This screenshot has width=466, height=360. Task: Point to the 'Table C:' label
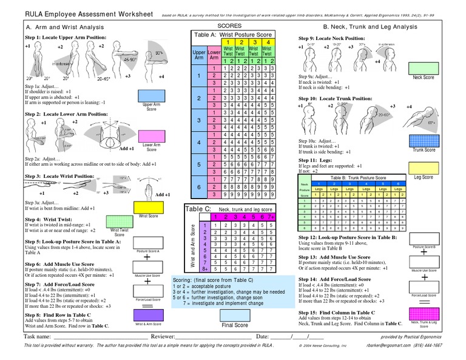197,209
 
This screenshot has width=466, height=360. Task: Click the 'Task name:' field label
36,336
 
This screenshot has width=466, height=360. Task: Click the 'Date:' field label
262,336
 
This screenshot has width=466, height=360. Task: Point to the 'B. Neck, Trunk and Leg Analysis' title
374,27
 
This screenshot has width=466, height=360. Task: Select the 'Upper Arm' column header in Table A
199,56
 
